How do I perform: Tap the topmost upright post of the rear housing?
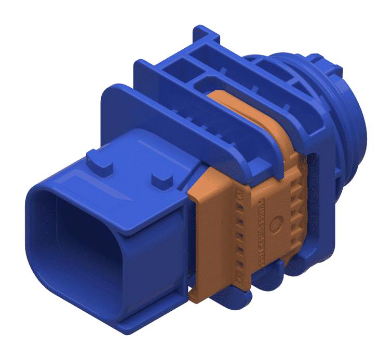[205, 34]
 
